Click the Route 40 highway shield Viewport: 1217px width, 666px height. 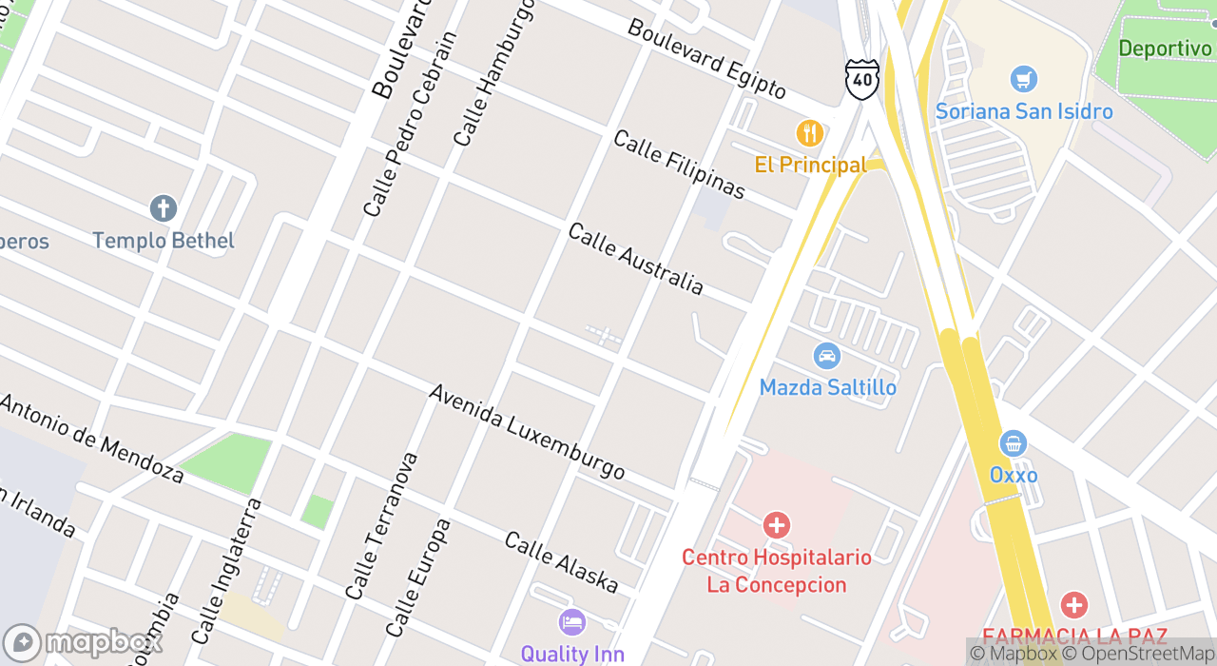click(x=861, y=79)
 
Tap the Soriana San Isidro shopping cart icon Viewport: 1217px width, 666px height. click(x=1023, y=79)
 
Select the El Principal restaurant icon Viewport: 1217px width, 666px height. click(x=810, y=133)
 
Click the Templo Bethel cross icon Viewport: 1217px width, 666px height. click(x=163, y=208)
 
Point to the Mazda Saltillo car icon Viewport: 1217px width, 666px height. click(x=827, y=357)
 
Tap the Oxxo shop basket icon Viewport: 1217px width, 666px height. click(x=1014, y=443)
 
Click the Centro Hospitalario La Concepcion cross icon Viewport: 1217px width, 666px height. click(x=777, y=524)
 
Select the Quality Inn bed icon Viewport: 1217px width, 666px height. click(x=571, y=622)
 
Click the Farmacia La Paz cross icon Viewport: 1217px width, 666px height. click(x=1074, y=605)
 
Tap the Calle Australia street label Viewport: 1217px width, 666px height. click(x=635, y=259)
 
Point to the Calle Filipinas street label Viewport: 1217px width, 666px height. click(x=679, y=165)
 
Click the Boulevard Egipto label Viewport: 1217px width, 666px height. click(x=706, y=59)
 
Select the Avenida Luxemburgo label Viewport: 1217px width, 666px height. click(x=526, y=432)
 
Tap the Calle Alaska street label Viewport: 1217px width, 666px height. click(x=561, y=562)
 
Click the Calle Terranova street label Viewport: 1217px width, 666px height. click(x=381, y=525)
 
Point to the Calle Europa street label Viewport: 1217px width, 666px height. click(x=417, y=577)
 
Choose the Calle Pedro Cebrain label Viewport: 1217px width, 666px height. click(x=410, y=124)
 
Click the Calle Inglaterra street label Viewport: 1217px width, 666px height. click(x=225, y=570)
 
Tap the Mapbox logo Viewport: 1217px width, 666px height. click(x=83, y=643)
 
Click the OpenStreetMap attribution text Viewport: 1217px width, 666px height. click(x=1139, y=654)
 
